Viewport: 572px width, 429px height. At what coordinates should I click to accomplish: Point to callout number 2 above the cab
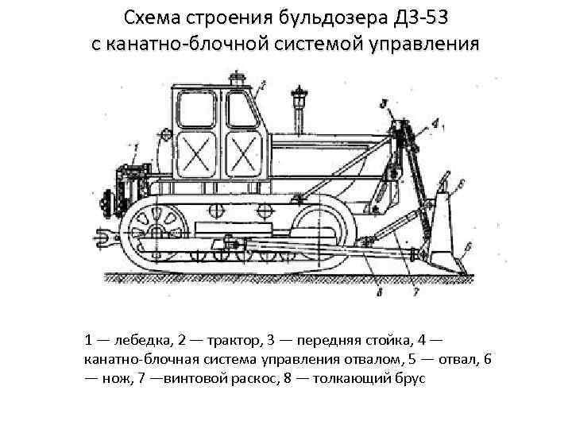click(x=262, y=82)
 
